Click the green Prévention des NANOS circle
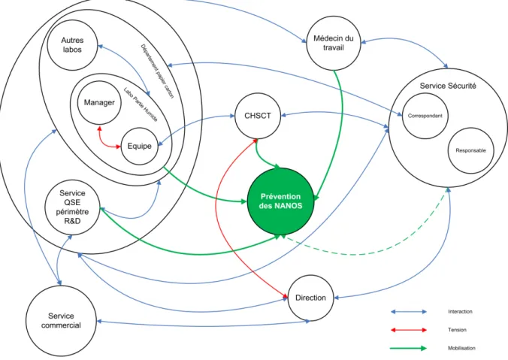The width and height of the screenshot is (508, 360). click(280, 201)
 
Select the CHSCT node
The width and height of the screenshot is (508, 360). click(258, 116)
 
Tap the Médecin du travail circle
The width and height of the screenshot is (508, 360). click(334, 43)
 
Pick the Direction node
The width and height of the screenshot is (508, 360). click(310, 298)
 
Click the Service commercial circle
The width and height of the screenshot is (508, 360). click(61, 321)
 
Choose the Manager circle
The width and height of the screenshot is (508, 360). click(99, 103)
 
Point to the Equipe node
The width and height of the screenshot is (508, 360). click(140, 146)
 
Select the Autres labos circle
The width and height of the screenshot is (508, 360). click(72, 45)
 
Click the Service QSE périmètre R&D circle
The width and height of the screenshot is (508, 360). click(72, 207)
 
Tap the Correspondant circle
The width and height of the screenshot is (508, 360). click(425, 116)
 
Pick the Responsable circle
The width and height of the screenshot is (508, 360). click(470, 150)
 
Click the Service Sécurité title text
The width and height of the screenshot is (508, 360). click(448, 86)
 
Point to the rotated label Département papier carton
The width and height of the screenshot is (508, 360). click(157, 71)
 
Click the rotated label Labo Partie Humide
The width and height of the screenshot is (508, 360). click(141, 104)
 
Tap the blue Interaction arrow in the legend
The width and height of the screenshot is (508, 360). click(409, 312)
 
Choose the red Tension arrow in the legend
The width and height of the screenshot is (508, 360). click(409, 330)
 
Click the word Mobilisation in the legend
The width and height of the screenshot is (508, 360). click(461, 348)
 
